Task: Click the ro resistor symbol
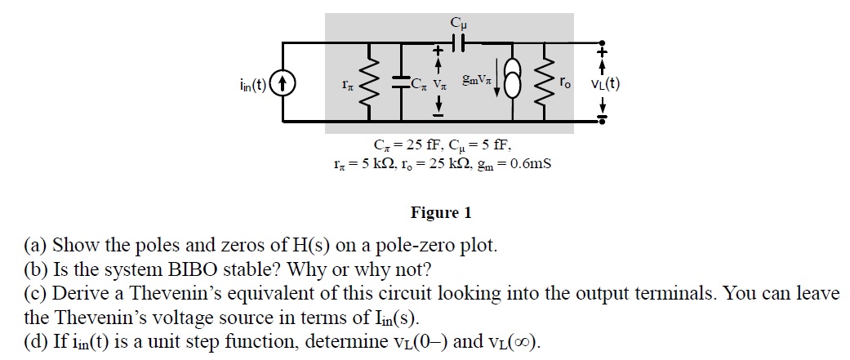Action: (x=545, y=82)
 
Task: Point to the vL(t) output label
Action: (x=604, y=82)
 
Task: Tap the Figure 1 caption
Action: (x=440, y=213)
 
